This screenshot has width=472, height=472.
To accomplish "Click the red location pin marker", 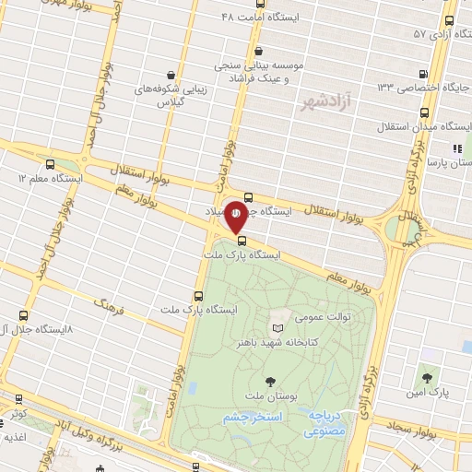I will click(237, 215).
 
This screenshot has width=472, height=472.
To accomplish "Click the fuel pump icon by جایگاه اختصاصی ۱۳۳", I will click(421, 75).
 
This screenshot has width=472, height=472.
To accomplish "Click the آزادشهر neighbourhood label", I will click(322, 102).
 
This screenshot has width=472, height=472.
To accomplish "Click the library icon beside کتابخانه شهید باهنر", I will click(277, 328).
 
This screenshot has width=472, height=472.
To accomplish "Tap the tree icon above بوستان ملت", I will click(270, 380).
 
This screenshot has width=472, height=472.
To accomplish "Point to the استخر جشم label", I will click(251, 418).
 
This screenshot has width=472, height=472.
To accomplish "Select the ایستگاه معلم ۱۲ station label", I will click(53, 178).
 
